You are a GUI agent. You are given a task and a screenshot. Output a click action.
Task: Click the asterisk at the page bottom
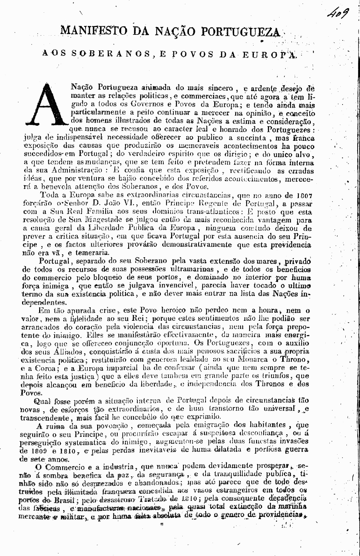pos(162,525)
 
